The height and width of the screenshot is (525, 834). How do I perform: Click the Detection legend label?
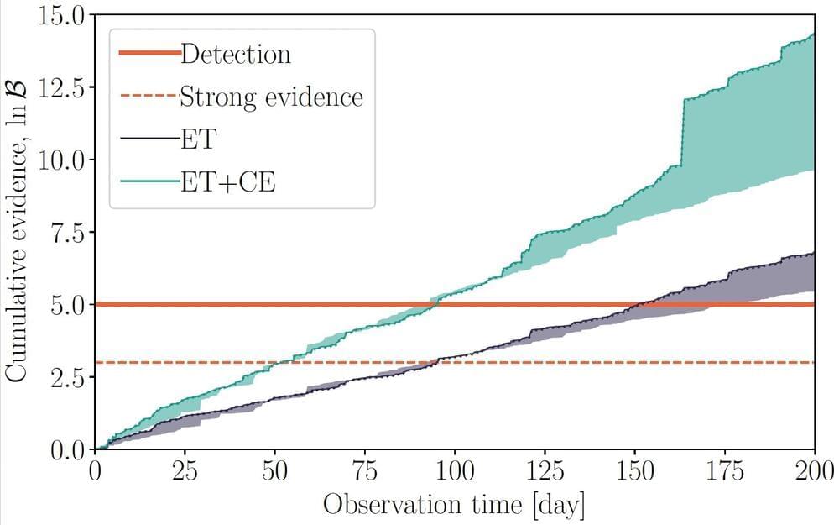click(x=236, y=55)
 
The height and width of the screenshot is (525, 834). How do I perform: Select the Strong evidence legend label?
click(x=272, y=97)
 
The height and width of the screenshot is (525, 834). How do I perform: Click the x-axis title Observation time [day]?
click(x=454, y=506)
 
